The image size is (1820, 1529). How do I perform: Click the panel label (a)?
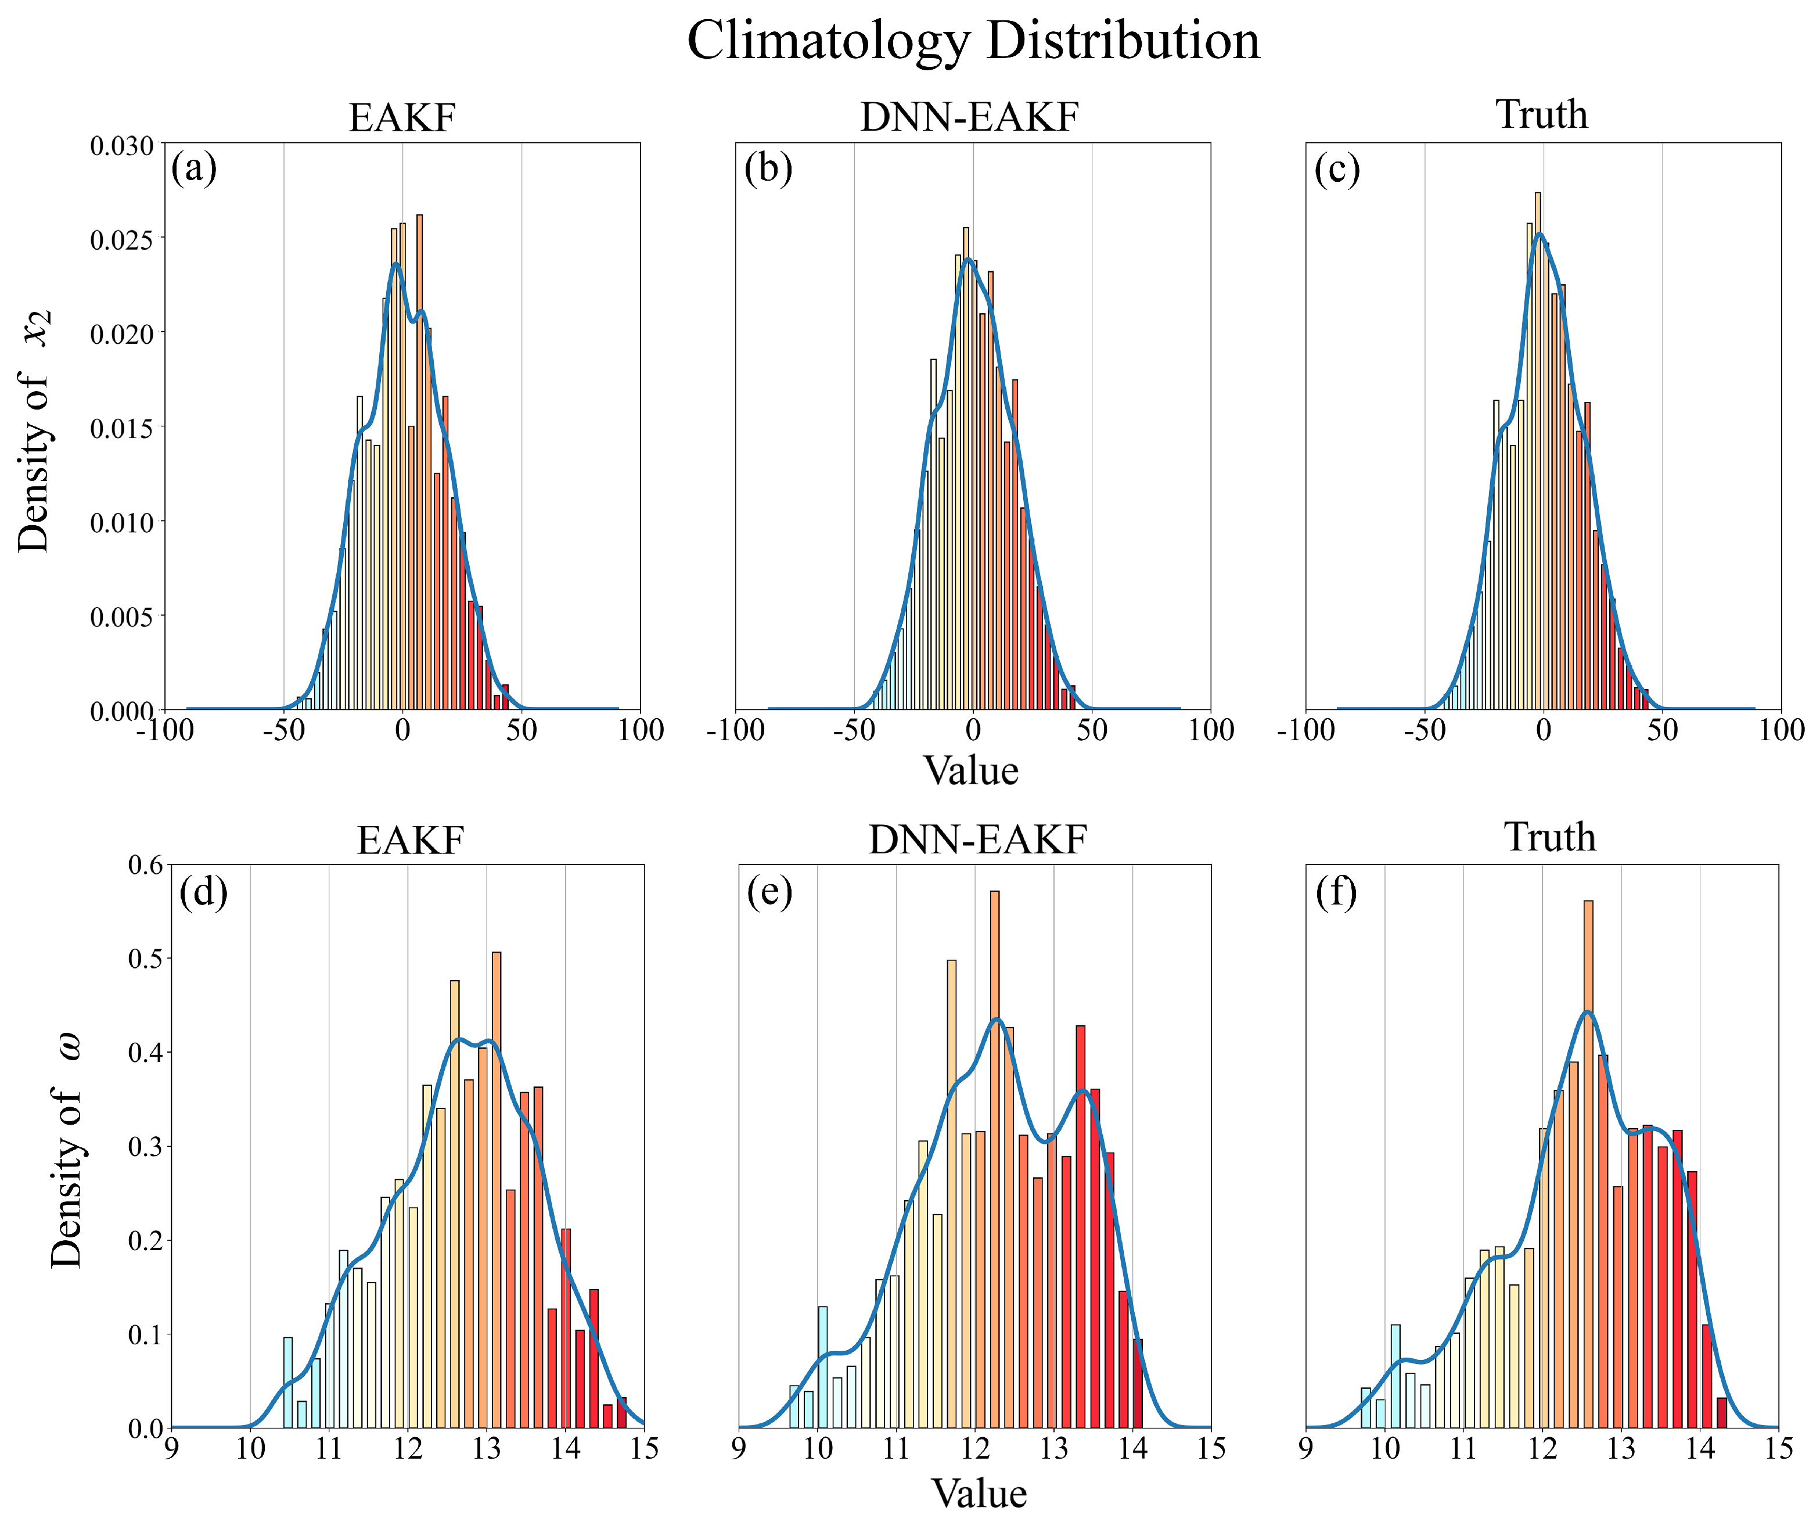click(194, 167)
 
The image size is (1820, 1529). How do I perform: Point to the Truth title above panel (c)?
click(1542, 115)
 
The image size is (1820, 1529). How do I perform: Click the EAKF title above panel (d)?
click(410, 841)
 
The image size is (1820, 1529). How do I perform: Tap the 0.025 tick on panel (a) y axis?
click(121, 239)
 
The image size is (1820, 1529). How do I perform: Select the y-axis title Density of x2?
click(35, 431)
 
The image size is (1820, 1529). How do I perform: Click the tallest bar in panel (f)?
click(1588, 1127)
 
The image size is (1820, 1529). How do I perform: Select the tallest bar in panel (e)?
click(994, 1127)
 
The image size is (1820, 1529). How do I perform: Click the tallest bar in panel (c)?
click(1537, 451)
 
